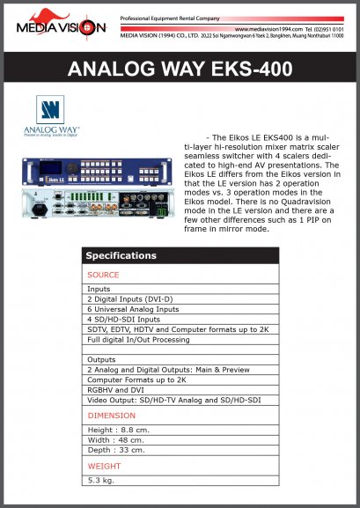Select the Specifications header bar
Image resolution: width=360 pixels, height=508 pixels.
180,256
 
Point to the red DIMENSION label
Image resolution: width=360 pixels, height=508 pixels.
111,415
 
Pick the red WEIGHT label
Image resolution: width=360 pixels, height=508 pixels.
104,465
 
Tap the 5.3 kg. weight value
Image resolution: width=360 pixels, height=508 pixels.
102,480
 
